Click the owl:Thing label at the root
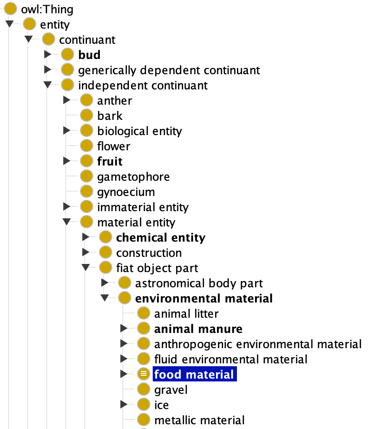pyautogui.click(x=47, y=10)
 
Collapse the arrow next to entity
pyautogui.click(x=10, y=24)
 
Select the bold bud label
pyautogui.click(x=89, y=55)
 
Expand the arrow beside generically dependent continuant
pyautogui.click(x=48, y=70)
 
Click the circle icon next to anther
pyautogui.click(x=87, y=100)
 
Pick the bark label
pyautogui.click(x=110, y=116)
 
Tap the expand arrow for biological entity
pyautogui.click(x=67, y=130)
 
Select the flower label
pyautogui.click(x=114, y=146)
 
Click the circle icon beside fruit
pyautogui.click(x=87, y=161)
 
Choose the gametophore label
pyautogui.click(x=134, y=177)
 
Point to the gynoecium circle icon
pyautogui.click(x=87, y=191)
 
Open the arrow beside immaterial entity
pyautogui.click(x=67, y=206)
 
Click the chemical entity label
pyautogui.click(x=161, y=238)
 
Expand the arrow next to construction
pyautogui.click(x=86, y=252)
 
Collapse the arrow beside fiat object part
pyautogui.click(x=86, y=267)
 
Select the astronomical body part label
pyautogui.click(x=199, y=283)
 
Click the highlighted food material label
pyautogui.click(x=194, y=374)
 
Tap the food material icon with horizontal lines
pyautogui.click(x=144, y=374)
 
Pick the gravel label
pyautogui.click(x=171, y=390)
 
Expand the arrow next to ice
pyautogui.click(x=124, y=404)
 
